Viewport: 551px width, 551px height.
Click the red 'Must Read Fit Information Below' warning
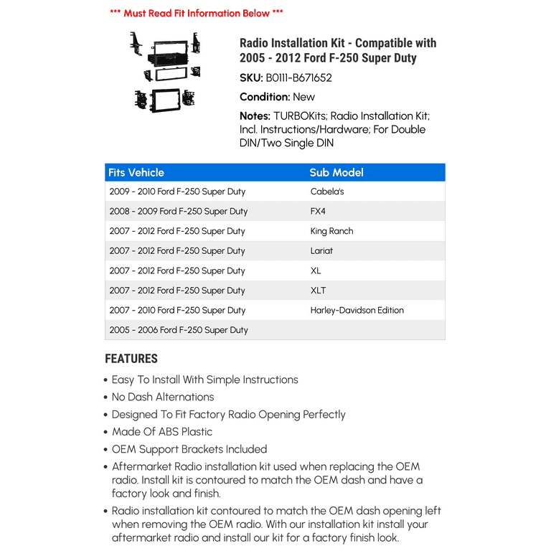tap(196, 13)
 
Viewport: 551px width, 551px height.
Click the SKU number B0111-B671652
tap(298, 78)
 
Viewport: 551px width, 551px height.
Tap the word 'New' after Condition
tap(303, 97)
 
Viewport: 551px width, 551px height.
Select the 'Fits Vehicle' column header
tap(136, 172)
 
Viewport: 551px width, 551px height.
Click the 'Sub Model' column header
tap(336, 172)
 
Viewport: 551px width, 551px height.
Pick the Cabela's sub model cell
tap(327, 192)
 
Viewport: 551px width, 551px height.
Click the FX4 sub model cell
tap(318, 212)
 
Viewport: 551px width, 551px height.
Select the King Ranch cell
tap(331, 231)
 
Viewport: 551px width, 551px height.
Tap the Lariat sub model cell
tap(321, 251)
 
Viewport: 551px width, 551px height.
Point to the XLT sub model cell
tap(318, 291)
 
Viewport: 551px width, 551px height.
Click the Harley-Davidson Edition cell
tap(357, 310)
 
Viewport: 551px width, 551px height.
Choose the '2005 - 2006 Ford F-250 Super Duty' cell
tap(179, 330)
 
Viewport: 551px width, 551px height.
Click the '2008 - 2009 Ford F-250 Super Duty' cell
tap(179, 212)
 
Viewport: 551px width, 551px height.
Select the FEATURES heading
tap(131, 359)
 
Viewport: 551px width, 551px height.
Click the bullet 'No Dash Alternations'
tap(163, 397)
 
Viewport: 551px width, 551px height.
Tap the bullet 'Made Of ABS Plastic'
tap(162, 432)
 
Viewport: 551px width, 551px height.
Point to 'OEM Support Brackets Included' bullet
tap(189, 449)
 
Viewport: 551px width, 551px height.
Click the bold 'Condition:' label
tap(265, 97)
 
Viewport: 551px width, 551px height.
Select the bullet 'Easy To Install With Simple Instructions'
tap(204, 380)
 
